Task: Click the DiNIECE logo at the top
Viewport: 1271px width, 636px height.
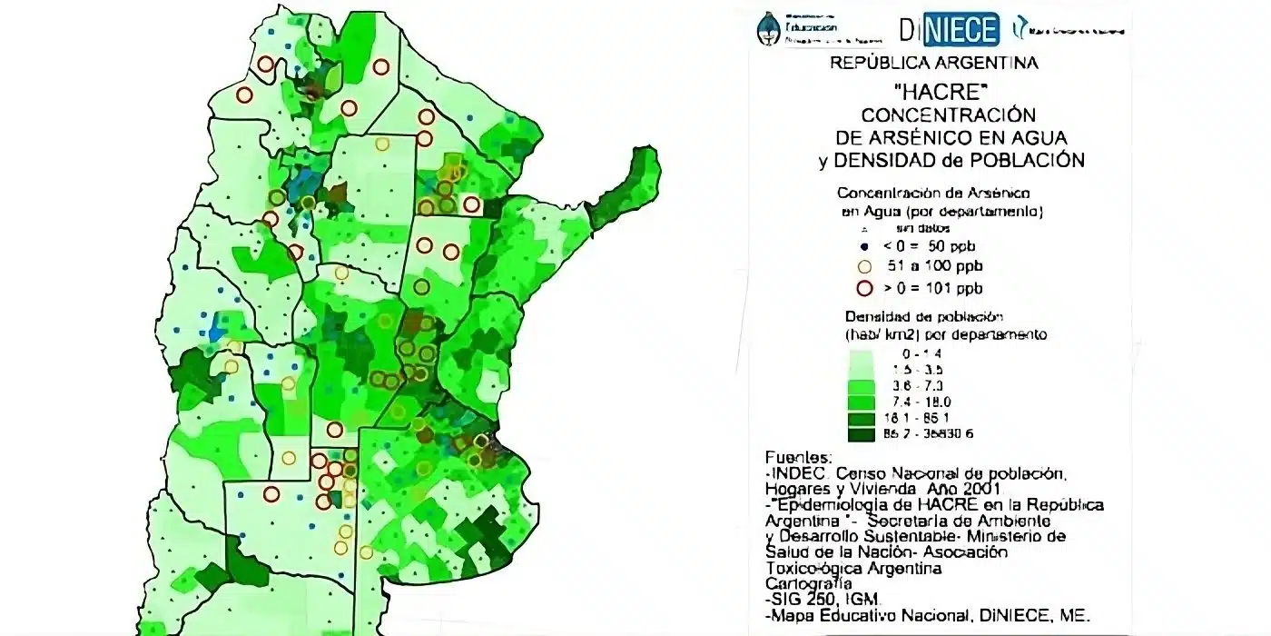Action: pyautogui.click(x=949, y=29)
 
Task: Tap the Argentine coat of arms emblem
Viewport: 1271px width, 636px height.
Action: pyautogui.click(x=769, y=29)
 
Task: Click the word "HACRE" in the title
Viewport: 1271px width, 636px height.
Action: pyautogui.click(x=934, y=92)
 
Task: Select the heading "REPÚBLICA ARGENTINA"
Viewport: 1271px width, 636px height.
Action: pyautogui.click(x=934, y=64)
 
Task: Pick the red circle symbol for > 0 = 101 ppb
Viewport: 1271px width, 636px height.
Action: pyautogui.click(x=864, y=289)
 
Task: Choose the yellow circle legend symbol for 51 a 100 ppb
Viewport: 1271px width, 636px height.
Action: pyautogui.click(x=864, y=267)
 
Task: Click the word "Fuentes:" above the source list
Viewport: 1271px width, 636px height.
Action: pyautogui.click(x=798, y=457)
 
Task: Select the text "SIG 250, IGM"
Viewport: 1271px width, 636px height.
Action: pyautogui.click(x=818, y=600)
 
